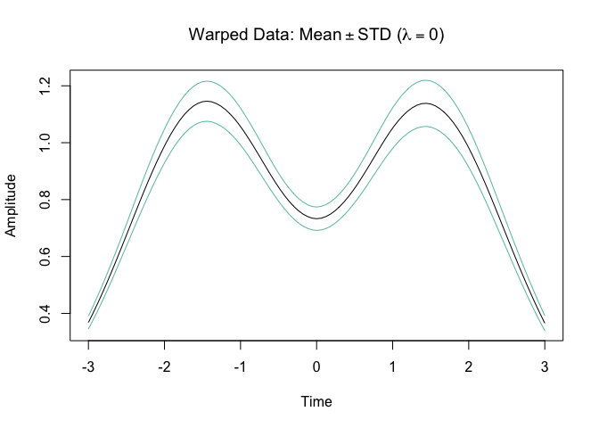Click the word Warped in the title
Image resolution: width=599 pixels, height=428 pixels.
(218, 36)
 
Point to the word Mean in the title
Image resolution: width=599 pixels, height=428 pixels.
(320, 35)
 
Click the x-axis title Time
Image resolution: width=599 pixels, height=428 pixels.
(316, 401)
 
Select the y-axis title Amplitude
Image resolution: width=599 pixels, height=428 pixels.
(11, 206)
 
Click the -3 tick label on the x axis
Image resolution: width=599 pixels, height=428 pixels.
(88, 366)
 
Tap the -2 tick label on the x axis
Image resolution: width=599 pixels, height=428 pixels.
(164, 366)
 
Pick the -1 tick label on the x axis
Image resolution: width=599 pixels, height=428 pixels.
(240, 366)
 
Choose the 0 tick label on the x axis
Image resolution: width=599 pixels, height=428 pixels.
(316, 366)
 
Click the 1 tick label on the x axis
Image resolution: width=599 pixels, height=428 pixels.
(392, 366)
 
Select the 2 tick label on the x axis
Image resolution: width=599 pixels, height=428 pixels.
(468, 366)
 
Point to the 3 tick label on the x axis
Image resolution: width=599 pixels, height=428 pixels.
(545, 366)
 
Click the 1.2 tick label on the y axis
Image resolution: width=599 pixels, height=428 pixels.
(45, 86)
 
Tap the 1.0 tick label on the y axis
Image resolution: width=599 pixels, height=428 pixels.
(45, 143)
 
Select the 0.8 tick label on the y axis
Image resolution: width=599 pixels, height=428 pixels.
(45, 200)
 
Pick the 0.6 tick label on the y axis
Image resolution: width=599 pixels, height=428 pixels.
(45, 257)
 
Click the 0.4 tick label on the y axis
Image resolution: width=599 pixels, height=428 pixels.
(45, 313)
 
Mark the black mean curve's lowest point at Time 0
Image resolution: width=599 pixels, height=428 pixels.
(316, 218)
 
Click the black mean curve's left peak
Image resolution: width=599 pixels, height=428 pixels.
(207, 102)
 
